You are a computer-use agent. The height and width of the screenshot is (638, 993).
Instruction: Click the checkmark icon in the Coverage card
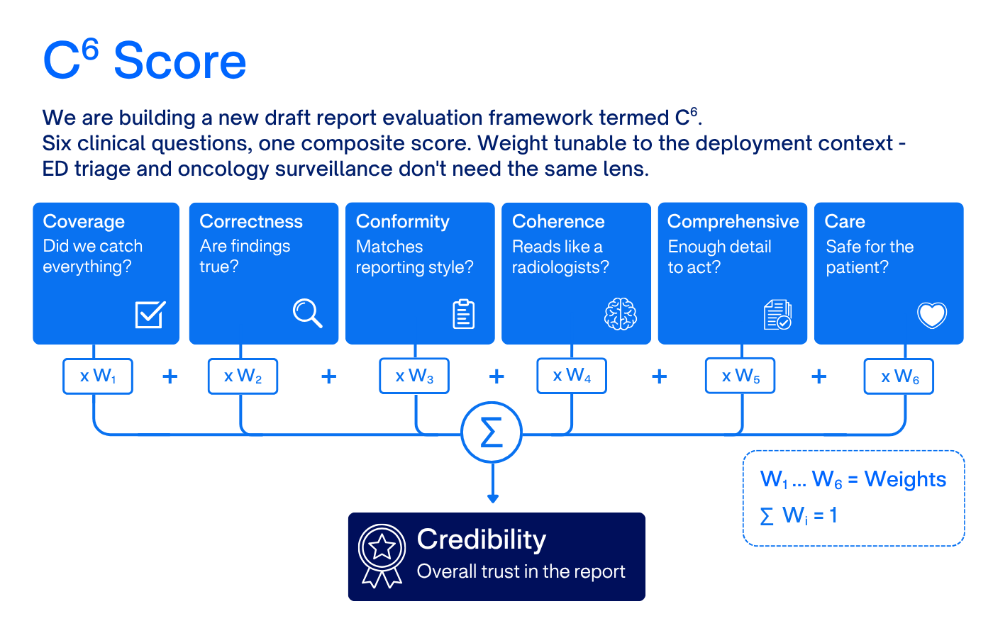pyautogui.click(x=150, y=315)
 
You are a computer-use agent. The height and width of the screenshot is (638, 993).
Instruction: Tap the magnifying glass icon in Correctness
pyautogui.click(x=307, y=313)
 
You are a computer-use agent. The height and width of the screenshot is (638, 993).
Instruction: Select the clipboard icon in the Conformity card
pyautogui.click(x=464, y=314)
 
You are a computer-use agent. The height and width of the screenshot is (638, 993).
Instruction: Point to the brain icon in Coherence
pyautogui.click(x=621, y=314)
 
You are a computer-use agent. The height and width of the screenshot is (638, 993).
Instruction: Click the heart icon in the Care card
pyautogui.click(x=932, y=315)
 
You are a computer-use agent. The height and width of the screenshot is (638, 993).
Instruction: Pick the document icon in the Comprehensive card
pyautogui.click(x=777, y=315)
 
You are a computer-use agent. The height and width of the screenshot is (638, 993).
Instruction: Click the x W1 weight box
pyautogui.click(x=98, y=376)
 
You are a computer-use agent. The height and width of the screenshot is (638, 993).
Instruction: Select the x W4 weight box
pyautogui.click(x=572, y=376)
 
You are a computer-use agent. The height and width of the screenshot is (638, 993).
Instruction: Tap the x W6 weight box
pyautogui.click(x=899, y=376)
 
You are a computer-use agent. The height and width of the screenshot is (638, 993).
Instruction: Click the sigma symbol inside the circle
pyautogui.click(x=492, y=432)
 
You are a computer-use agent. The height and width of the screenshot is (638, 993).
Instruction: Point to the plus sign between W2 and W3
pyautogui.click(x=329, y=376)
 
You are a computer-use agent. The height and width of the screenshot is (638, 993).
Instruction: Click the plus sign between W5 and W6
pyautogui.click(x=819, y=376)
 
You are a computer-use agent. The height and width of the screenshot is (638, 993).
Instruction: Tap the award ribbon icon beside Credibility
pyautogui.click(x=382, y=556)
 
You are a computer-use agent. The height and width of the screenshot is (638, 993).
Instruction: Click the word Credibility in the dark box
pyautogui.click(x=482, y=539)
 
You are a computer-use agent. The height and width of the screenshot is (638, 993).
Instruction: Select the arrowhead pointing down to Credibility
pyautogui.click(x=493, y=498)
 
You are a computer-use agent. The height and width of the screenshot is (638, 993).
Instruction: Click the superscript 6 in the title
pyautogui.click(x=91, y=49)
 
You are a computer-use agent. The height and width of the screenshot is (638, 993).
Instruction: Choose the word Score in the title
pyautogui.click(x=180, y=61)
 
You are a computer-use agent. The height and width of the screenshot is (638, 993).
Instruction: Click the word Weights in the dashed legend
pyautogui.click(x=905, y=479)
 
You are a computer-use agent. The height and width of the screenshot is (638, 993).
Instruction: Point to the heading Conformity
pyautogui.click(x=403, y=221)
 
